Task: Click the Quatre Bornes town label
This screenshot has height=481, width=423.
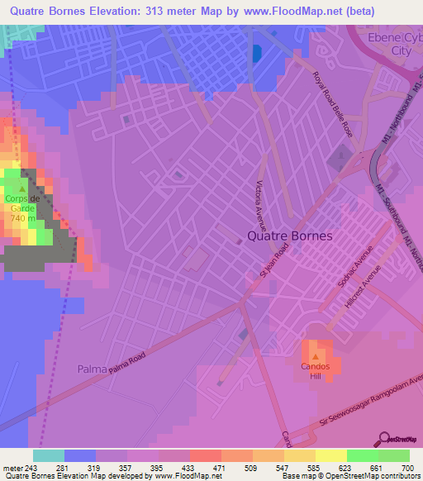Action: [289, 236]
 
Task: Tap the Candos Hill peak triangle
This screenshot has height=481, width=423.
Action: [315, 356]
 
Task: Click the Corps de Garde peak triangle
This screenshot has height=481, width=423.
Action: [22, 189]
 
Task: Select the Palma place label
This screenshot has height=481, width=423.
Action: [92, 368]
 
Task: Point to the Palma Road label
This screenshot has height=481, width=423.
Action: [150, 347]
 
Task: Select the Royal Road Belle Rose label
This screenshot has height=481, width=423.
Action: [332, 103]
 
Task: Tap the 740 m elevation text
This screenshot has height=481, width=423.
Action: [21, 218]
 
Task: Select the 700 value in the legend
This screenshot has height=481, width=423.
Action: [409, 467]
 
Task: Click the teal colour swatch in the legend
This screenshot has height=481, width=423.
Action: [49, 455]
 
